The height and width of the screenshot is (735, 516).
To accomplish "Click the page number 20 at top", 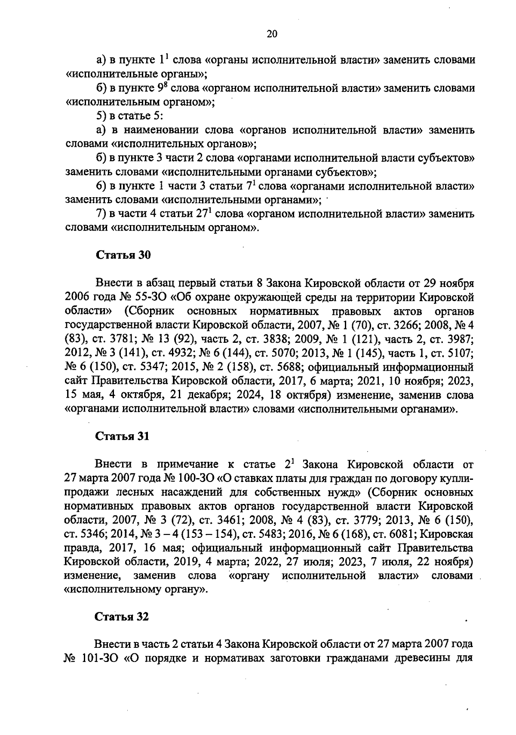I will [x=272, y=34].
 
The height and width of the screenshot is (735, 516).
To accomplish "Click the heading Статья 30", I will [x=123, y=255].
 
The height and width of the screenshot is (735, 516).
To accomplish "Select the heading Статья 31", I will [x=123, y=436].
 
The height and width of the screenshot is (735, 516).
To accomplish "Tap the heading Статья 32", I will [x=123, y=617].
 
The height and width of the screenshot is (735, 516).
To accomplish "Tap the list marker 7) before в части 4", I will [x=102, y=214].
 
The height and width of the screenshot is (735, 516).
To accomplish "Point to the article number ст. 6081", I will [x=397, y=534].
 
